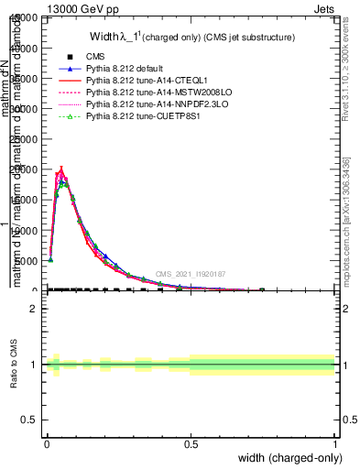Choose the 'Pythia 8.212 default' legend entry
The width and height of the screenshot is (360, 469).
(128, 69)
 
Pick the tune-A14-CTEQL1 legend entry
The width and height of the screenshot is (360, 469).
(142, 82)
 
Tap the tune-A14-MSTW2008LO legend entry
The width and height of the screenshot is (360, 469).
(148, 93)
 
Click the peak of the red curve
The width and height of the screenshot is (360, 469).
(61, 169)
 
